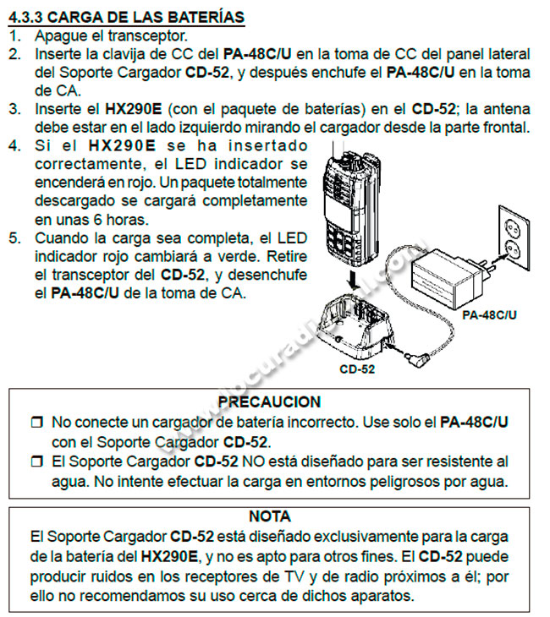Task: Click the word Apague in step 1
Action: pos(58,35)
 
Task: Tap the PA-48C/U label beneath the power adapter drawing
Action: pos(489,314)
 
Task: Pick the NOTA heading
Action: pos(270,516)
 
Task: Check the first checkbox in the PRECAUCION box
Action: pos(36,422)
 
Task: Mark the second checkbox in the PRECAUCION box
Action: pos(36,462)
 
